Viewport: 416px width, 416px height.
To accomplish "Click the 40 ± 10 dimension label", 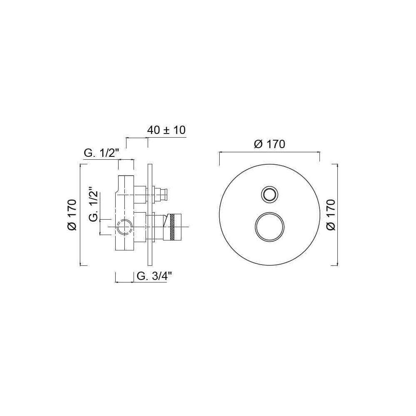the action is [166, 130].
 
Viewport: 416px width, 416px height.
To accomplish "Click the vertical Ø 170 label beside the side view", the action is [72, 215].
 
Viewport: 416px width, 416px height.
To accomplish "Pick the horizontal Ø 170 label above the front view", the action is [270, 144].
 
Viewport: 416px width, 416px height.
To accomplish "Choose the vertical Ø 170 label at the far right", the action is [331, 215].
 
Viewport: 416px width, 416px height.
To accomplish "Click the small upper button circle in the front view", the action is [270, 194].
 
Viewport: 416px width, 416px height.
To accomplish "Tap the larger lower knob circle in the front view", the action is [270, 227].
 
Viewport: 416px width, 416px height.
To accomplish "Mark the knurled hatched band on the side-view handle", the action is [173, 227].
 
